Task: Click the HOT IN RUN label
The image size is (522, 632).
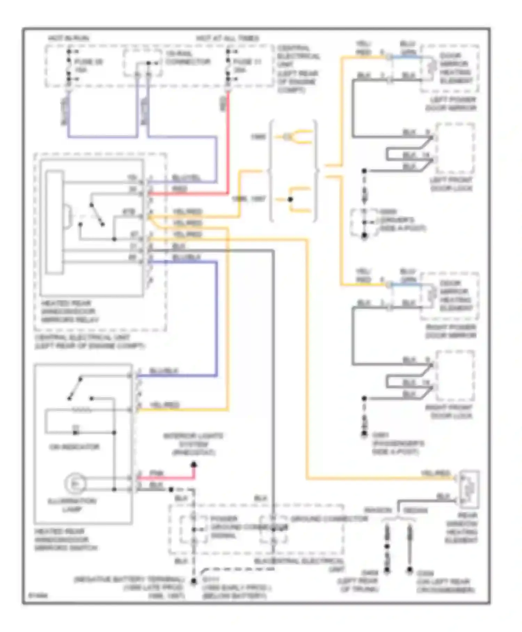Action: pos(68,38)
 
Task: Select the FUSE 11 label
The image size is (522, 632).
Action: pos(247,62)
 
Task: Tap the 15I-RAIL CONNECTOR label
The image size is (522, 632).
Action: pos(188,58)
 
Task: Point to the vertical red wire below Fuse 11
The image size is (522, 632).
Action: pos(228,139)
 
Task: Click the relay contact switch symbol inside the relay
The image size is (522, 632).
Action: pos(97,215)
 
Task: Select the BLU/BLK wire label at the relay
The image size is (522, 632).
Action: pos(187,257)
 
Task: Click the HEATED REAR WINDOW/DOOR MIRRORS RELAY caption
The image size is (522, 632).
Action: pos(70,311)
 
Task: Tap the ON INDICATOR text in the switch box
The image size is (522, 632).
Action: pos(74,447)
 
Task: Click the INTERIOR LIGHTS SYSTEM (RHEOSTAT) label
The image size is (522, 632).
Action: pos(193,444)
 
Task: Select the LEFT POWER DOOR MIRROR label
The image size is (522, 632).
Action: pos(450,104)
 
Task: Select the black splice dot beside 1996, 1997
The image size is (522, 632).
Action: pos(290,199)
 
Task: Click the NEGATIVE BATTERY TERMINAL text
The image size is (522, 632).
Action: pos(129,579)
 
